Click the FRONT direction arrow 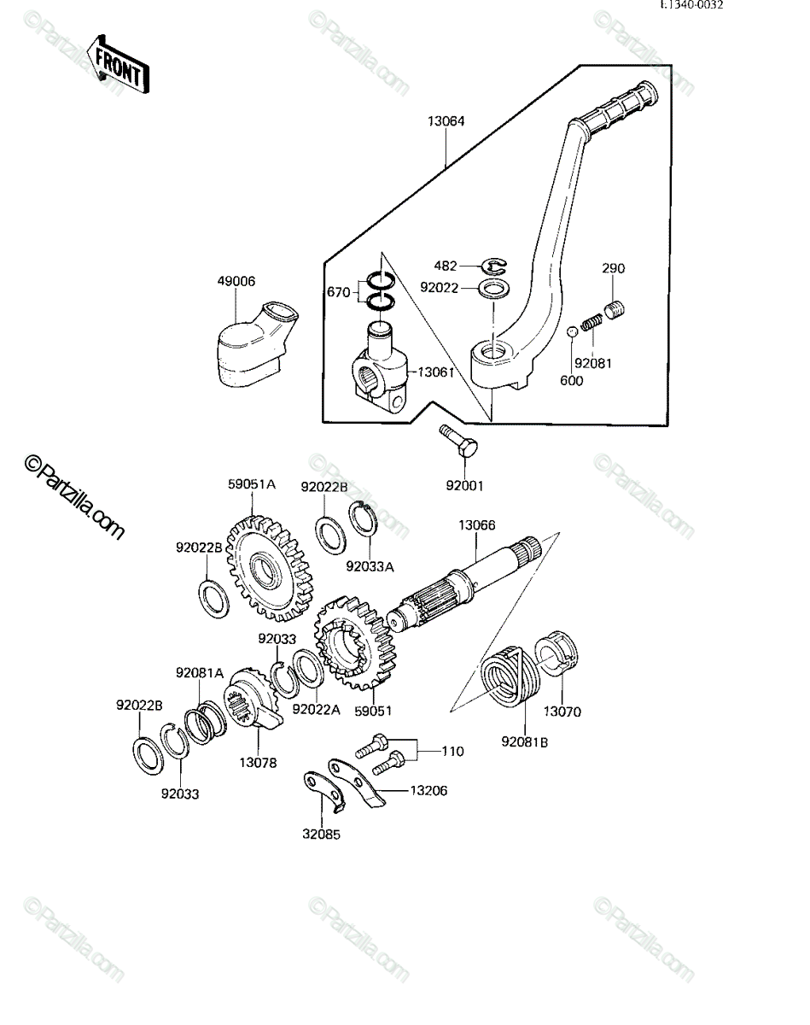pos(118,64)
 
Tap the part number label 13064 pos(446,121)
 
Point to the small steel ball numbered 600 pos(572,331)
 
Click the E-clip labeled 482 pos(495,266)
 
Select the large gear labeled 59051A pos(270,569)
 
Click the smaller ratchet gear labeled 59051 pos(355,642)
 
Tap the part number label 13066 pos(477,524)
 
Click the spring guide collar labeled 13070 pos(557,653)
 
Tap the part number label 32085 pos(321,834)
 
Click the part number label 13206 pos(428,791)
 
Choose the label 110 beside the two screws pos(452,751)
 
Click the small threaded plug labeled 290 pos(615,309)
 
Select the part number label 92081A pos(200,672)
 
